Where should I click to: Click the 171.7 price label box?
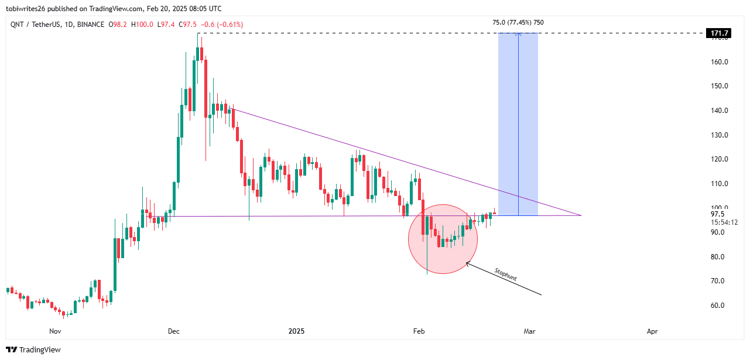coord(720,33)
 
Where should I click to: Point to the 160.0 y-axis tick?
coord(720,61)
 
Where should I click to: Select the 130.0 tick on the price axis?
coord(720,135)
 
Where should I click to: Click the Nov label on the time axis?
coord(55,331)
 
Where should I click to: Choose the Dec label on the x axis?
coord(173,331)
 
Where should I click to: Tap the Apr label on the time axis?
coord(652,331)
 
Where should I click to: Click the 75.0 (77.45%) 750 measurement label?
coord(518,23)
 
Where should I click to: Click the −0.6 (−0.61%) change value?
coord(222,25)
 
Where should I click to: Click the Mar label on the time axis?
coord(530,331)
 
